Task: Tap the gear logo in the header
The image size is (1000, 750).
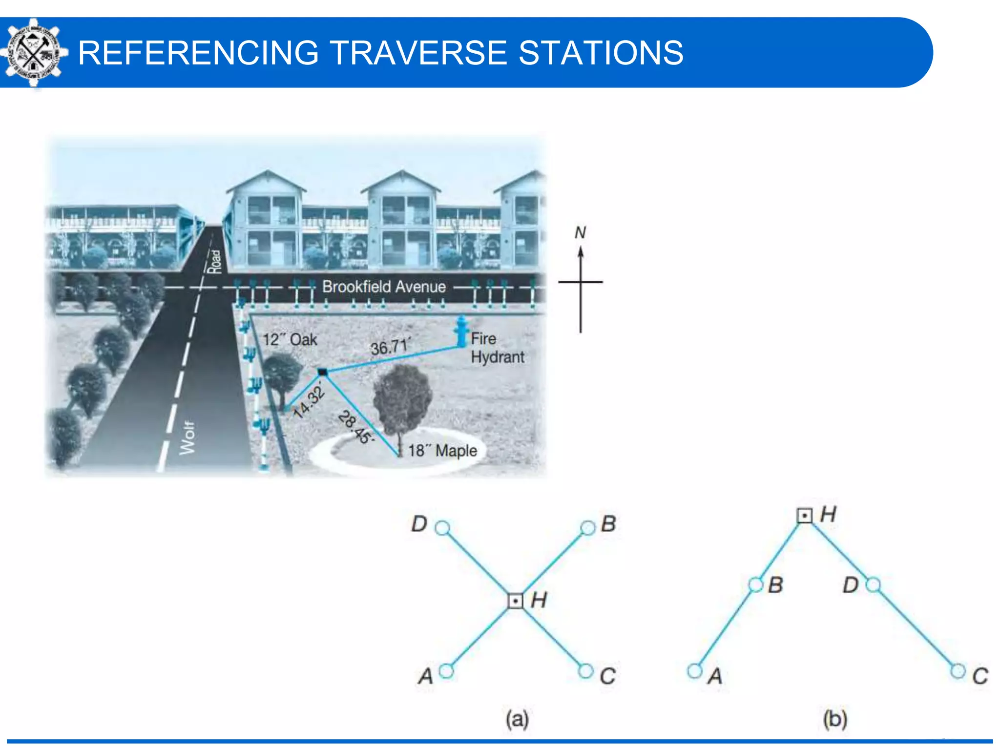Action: pos(33,53)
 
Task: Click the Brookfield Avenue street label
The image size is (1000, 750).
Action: pos(384,287)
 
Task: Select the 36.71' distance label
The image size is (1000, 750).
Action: pos(390,347)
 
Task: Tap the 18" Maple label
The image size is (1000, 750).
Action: pos(442,450)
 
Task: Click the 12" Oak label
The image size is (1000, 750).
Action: pos(290,339)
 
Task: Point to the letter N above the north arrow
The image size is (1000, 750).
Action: pos(580,232)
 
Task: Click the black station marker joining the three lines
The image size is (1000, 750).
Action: pos(322,372)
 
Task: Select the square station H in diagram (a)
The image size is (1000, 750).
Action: pos(516,601)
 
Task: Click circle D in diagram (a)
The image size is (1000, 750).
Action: pos(442,528)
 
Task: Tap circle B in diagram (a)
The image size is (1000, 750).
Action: pos(588,528)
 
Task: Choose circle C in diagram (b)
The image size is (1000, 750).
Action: pos(958,671)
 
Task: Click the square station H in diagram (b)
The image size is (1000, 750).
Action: pos(805,516)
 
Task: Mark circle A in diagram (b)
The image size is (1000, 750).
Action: pos(694,671)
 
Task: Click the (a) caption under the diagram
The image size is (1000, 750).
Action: pos(517,719)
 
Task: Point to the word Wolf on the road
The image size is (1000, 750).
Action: pos(187,438)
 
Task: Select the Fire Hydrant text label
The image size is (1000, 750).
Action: pos(497,348)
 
